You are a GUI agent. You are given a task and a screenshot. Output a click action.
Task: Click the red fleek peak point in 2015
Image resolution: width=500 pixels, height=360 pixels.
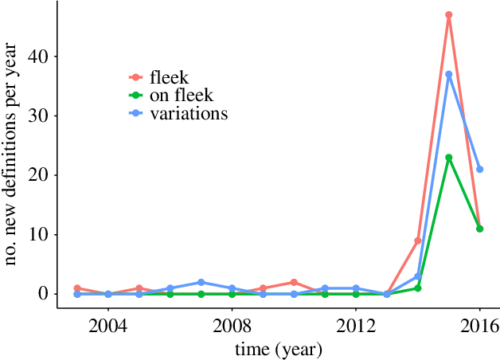449,15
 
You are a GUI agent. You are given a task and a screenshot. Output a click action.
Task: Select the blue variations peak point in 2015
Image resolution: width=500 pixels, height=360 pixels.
449,74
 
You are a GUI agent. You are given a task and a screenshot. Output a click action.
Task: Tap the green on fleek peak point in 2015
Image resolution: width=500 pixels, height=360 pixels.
449,158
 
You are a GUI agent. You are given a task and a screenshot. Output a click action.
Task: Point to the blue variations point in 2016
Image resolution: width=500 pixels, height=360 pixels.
480,169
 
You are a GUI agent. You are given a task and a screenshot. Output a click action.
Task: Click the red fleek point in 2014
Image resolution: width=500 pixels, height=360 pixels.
418,241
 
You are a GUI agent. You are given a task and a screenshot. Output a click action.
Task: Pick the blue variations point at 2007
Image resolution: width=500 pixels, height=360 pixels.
201,282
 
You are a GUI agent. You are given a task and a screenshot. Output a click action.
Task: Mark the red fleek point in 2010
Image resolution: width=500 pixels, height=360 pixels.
294,282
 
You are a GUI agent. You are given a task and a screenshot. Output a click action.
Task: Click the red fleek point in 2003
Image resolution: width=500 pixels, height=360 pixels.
77,288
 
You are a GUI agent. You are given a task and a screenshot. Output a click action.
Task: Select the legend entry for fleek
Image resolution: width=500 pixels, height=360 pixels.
168,77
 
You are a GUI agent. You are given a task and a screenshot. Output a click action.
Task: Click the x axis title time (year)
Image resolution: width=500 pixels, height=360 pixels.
278,349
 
